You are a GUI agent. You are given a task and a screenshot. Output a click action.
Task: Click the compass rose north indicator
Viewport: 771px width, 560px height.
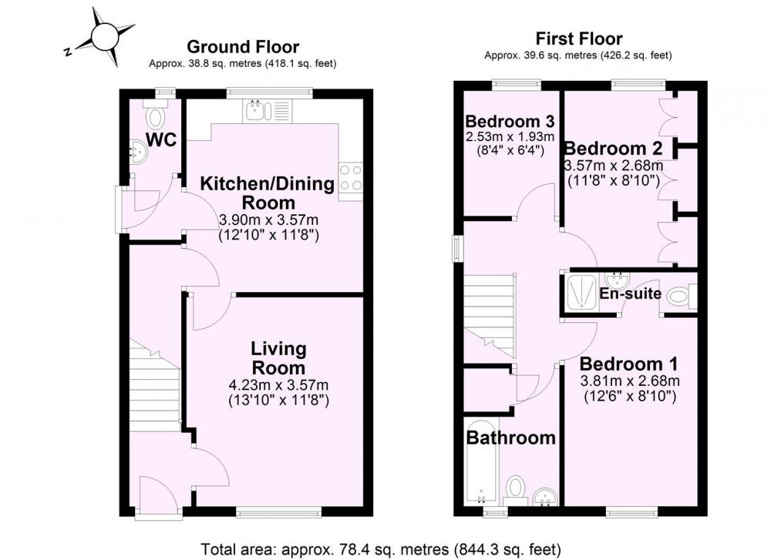[x=69, y=51]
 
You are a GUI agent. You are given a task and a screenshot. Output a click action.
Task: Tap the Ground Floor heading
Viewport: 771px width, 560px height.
[x=243, y=47]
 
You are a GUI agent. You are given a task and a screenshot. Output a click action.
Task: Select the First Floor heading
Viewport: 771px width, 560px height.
[x=579, y=39]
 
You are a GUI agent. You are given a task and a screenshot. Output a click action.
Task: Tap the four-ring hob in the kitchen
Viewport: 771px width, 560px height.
[x=351, y=177]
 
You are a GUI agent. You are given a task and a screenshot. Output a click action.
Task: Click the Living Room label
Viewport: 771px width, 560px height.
[x=279, y=358]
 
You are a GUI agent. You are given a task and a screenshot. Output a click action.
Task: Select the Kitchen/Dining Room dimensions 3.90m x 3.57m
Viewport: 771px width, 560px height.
[x=268, y=219]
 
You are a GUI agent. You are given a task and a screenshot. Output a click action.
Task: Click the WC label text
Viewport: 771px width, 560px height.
[x=161, y=140]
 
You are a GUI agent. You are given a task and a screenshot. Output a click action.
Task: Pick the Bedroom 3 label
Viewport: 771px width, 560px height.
[x=510, y=121]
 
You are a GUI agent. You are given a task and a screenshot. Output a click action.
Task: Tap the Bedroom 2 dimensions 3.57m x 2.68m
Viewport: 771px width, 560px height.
[x=614, y=165]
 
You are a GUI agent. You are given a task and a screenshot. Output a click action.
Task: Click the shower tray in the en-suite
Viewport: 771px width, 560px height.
[x=581, y=293]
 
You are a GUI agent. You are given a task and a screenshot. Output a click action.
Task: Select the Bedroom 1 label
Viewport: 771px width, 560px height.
[x=629, y=364]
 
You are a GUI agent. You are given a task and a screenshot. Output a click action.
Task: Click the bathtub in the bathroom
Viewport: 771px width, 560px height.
[x=481, y=462]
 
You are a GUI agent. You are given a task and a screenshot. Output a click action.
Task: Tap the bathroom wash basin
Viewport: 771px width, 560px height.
[x=545, y=497]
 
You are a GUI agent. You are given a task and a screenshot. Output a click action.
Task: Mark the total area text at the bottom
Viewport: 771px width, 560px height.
[x=381, y=548]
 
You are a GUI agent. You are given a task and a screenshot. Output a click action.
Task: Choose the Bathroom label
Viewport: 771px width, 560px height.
[x=511, y=438]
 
